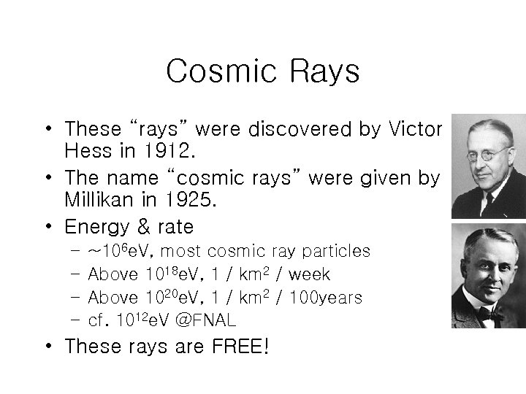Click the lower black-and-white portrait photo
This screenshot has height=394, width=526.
click(x=488, y=275)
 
